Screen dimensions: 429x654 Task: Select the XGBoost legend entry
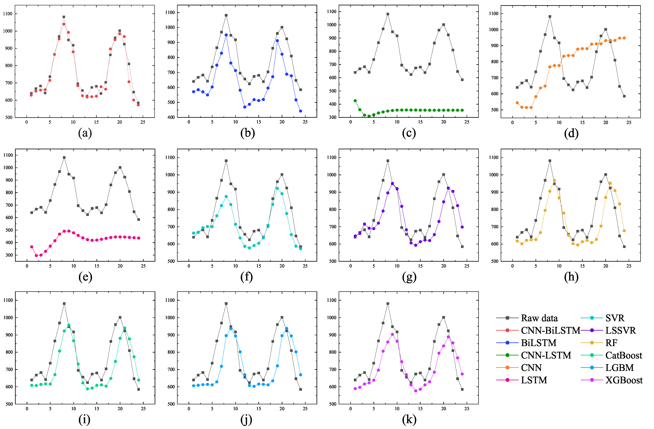coord(624,380)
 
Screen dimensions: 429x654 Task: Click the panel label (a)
coord(85,133)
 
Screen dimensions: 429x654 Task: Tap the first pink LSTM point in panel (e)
coord(32,247)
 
